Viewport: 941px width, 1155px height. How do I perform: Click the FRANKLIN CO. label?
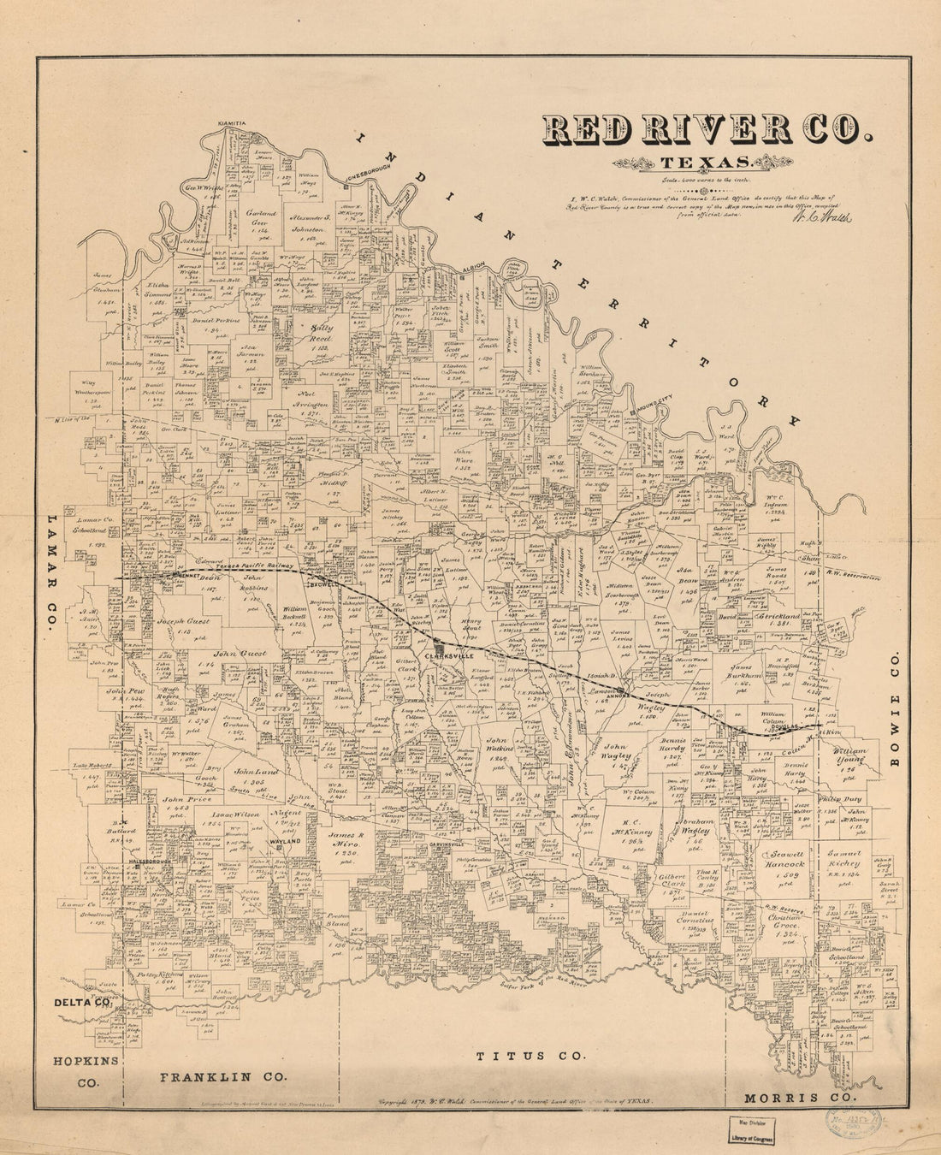point(222,1077)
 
